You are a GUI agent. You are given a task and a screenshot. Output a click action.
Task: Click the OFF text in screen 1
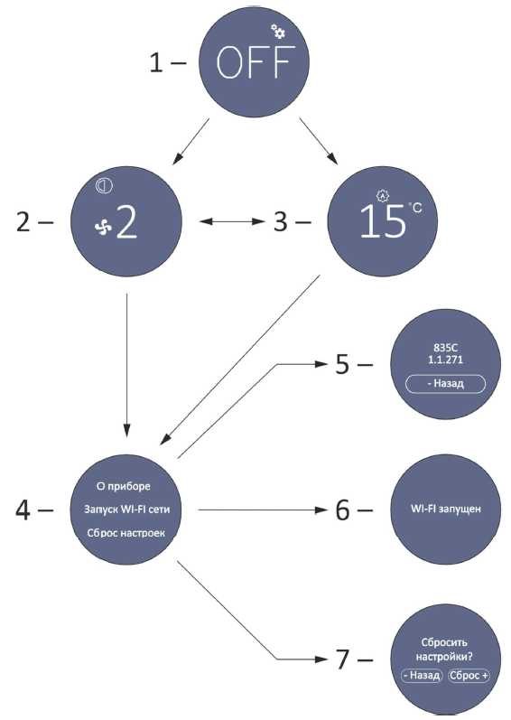[253, 62]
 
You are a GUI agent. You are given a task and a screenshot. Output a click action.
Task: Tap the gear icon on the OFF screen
[277, 32]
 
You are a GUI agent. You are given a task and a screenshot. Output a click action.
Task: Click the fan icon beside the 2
[103, 228]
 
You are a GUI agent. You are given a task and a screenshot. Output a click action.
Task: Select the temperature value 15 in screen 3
[383, 220]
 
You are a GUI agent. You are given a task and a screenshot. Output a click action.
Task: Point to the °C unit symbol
[415, 208]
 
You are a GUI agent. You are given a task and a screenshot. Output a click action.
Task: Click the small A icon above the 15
[383, 196]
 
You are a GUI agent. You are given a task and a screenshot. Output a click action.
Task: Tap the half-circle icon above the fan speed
[105, 185]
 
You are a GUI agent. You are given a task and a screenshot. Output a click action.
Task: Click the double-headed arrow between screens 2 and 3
[232, 222]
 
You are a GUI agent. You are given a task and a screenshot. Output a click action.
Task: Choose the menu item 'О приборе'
[124, 486]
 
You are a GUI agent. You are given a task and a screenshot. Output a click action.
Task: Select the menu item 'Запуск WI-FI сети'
[126, 510]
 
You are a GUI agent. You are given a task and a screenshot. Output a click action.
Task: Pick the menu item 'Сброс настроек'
[126, 533]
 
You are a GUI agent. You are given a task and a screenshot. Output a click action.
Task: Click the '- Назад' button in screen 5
[445, 383]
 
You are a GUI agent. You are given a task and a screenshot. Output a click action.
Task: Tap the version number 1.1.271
[445, 360]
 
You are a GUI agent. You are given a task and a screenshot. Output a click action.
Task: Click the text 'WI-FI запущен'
[446, 509]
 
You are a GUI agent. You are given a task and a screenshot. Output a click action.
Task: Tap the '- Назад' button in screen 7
[422, 676]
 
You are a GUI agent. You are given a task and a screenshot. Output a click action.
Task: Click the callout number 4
[23, 510]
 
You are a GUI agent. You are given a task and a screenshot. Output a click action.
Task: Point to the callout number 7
[343, 659]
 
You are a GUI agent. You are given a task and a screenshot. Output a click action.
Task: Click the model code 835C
[445, 348]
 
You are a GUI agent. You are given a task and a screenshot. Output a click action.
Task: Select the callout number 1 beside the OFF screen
[156, 62]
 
